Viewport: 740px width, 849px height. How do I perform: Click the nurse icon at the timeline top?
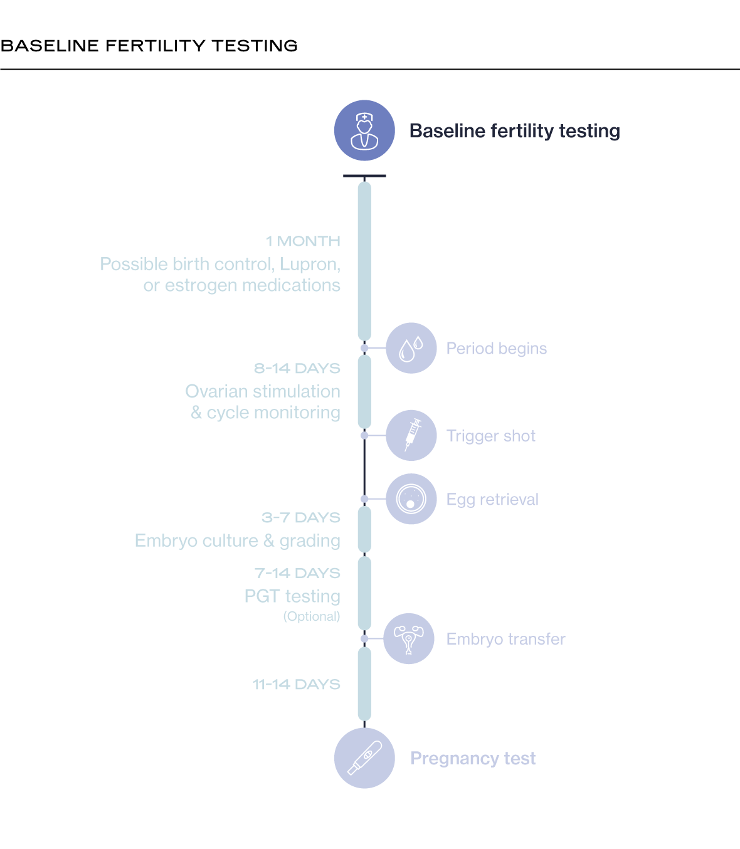tap(364, 130)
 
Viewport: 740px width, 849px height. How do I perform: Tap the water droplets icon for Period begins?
tap(411, 348)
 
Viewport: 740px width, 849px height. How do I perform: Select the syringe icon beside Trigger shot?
tap(411, 435)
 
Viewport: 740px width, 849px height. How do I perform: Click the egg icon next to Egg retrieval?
tap(411, 499)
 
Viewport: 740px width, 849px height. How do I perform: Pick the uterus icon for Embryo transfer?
tap(409, 638)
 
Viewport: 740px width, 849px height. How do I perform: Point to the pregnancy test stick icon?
tap(364, 758)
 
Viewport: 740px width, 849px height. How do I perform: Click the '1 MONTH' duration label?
tap(303, 241)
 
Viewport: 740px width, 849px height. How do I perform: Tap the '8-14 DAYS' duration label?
tap(297, 369)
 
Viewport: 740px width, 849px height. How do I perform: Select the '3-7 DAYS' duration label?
tap(301, 518)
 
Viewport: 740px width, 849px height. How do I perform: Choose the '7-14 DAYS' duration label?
tap(297, 574)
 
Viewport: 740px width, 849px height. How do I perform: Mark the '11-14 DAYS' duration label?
tap(297, 685)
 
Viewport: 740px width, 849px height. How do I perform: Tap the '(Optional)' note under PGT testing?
tap(312, 616)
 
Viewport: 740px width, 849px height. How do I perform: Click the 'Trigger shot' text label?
tap(491, 436)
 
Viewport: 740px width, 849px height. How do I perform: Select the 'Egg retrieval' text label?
tap(492, 500)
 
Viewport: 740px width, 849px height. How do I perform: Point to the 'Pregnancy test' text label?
tap(473, 759)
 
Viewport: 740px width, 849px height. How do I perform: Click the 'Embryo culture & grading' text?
tap(238, 541)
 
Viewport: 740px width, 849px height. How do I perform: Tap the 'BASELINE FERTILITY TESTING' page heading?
tap(149, 46)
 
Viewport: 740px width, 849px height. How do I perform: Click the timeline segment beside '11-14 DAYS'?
tap(364, 684)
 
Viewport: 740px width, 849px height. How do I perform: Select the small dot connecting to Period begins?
tap(364, 348)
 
